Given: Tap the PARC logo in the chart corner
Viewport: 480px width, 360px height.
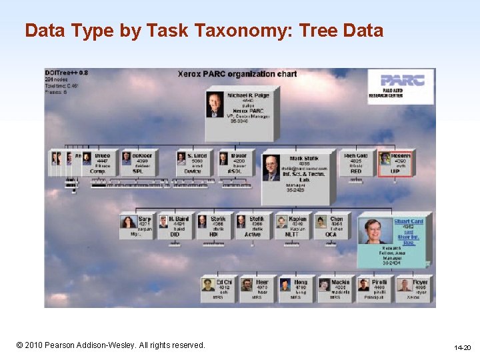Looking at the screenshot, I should tap(400, 86).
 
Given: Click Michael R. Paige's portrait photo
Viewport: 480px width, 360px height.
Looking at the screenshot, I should tap(215, 105).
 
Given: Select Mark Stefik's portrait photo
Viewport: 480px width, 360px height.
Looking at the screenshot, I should tap(271, 169).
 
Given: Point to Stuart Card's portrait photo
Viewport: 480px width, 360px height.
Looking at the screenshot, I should tap(374, 231).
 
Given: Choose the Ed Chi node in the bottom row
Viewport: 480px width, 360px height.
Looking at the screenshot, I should tap(217, 289).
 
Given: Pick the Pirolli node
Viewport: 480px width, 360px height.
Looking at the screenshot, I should tap(372, 289).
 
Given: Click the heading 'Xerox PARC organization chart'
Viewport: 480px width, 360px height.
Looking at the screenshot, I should tap(237, 74).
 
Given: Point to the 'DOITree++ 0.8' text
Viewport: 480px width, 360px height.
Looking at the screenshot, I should tap(67, 73).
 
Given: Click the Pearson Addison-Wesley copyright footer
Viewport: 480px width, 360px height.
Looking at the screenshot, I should tap(111, 345).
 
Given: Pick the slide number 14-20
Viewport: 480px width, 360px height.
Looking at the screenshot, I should tap(462, 348).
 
